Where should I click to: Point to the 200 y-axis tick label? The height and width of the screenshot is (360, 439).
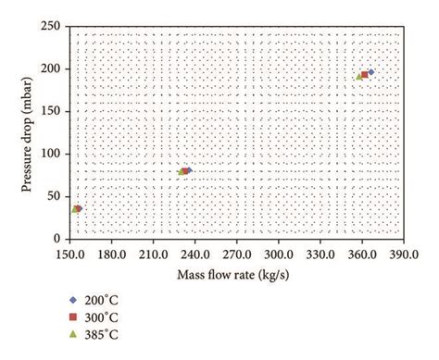tap(52, 69)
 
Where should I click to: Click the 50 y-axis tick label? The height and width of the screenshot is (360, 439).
tap(55, 197)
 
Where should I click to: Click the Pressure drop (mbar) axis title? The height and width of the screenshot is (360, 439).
tap(28, 132)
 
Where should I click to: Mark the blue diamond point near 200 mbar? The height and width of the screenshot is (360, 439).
tap(370, 72)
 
